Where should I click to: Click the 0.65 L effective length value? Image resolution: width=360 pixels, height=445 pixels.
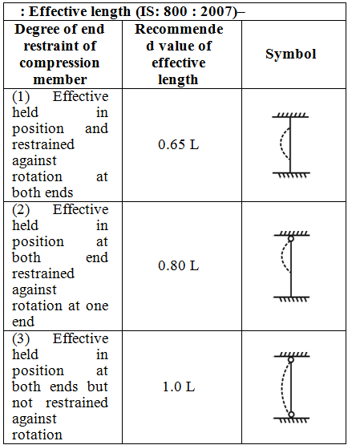(179, 144)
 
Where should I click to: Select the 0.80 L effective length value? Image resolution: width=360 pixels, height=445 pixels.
(179, 265)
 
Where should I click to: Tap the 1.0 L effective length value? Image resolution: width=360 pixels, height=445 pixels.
(179, 386)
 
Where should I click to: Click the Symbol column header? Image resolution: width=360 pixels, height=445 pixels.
(291, 54)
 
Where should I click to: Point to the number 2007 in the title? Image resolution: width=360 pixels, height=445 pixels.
(216, 12)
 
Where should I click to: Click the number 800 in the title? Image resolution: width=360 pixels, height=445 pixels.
(176, 12)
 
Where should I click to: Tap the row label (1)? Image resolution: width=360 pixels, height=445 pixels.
(21, 97)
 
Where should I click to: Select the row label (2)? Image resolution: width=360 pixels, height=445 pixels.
(21, 210)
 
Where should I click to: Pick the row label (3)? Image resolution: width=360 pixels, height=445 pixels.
(21, 339)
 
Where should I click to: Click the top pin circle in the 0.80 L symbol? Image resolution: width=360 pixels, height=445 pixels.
(291, 239)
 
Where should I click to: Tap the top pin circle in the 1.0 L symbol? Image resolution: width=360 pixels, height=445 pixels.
(291, 360)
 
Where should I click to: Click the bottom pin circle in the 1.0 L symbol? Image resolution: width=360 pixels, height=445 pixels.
(291, 415)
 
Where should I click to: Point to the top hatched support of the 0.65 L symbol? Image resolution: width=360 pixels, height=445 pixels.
(290, 115)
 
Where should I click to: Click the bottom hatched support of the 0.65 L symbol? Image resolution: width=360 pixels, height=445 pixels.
(291, 175)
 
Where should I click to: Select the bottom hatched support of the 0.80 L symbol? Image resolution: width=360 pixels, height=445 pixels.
(291, 299)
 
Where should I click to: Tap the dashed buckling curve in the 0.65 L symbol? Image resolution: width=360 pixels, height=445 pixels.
(281, 144)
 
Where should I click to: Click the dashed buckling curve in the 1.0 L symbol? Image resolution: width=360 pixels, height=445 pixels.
(281, 387)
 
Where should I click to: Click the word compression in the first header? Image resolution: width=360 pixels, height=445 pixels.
(59, 63)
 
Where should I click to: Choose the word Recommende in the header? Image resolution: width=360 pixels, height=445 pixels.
(179, 29)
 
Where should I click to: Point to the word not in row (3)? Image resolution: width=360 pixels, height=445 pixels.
(22, 403)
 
